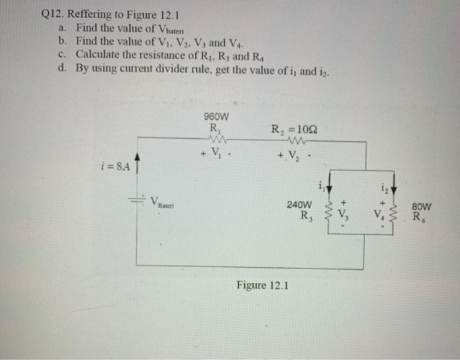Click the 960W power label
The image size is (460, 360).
tap(216, 118)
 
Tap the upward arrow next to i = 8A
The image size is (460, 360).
tap(137, 162)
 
